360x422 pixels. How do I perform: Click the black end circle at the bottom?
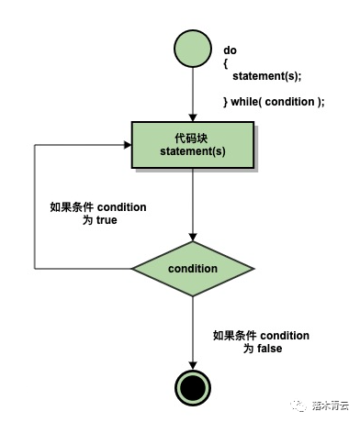coord(192,388)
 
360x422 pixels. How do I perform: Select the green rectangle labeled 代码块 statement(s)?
coord(192,144)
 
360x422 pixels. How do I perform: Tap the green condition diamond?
coord(192,269)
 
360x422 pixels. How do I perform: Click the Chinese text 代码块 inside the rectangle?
coord(192,137)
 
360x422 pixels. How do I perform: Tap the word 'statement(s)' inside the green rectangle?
coord(192,151)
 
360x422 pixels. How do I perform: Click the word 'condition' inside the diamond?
coord(192,269)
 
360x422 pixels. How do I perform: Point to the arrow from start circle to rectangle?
coord(192,96)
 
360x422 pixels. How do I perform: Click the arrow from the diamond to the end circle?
coord(192,330)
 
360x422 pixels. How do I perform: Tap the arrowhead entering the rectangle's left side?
coord(127,144)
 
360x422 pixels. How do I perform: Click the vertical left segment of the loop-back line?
coord(34,206)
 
